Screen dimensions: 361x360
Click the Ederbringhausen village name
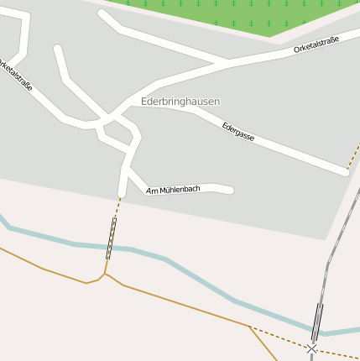(x=180, y=102)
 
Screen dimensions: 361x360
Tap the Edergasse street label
(x=238, y=130)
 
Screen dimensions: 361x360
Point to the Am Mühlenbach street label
(x=173, y=191)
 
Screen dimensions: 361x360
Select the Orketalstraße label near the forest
(x=316, y=45)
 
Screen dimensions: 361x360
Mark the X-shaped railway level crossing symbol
(x=312, y=348)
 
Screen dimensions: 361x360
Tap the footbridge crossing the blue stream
(x=111, y=238)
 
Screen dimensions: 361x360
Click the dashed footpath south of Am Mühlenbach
(x=118, y=206)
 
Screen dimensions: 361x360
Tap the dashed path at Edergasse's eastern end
(x=353, y=155)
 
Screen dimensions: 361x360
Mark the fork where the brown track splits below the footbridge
(x=105, y=274)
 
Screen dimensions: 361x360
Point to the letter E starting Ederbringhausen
(x=144, y=102)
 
